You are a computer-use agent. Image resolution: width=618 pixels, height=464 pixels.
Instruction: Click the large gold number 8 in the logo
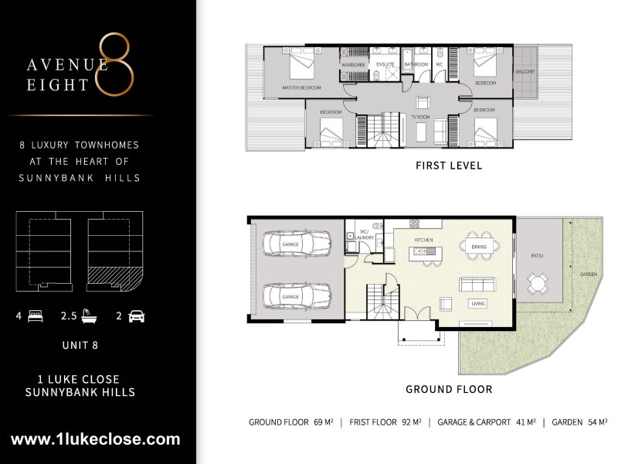point(116,65)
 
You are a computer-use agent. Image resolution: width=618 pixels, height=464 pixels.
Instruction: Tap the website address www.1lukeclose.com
point(96,439)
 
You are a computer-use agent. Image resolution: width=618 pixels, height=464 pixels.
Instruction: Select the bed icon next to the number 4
point(34,316)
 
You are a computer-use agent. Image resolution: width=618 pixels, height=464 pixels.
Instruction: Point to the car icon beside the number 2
point(137,316)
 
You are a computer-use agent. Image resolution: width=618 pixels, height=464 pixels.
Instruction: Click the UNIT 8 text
point(81,346)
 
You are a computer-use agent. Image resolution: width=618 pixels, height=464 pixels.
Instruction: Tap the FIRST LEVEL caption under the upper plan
point(449,165)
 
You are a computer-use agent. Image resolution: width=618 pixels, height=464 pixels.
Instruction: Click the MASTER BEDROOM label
point(301,88)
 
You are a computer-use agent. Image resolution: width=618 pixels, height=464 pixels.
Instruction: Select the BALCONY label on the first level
point(525,71)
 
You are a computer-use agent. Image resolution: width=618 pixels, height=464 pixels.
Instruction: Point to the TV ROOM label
point(419,116)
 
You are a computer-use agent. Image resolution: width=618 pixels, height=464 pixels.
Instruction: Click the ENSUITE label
point(385,64)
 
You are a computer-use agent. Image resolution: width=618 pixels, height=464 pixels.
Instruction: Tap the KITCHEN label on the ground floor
point(423,241)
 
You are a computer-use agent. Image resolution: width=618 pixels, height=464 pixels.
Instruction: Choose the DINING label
point(477,247)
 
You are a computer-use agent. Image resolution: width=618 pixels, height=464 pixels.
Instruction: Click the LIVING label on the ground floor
point(477,304)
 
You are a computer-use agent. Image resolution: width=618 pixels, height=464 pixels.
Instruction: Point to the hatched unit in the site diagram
point(115,277)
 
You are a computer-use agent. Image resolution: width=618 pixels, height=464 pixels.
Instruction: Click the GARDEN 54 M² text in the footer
point(580,422)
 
